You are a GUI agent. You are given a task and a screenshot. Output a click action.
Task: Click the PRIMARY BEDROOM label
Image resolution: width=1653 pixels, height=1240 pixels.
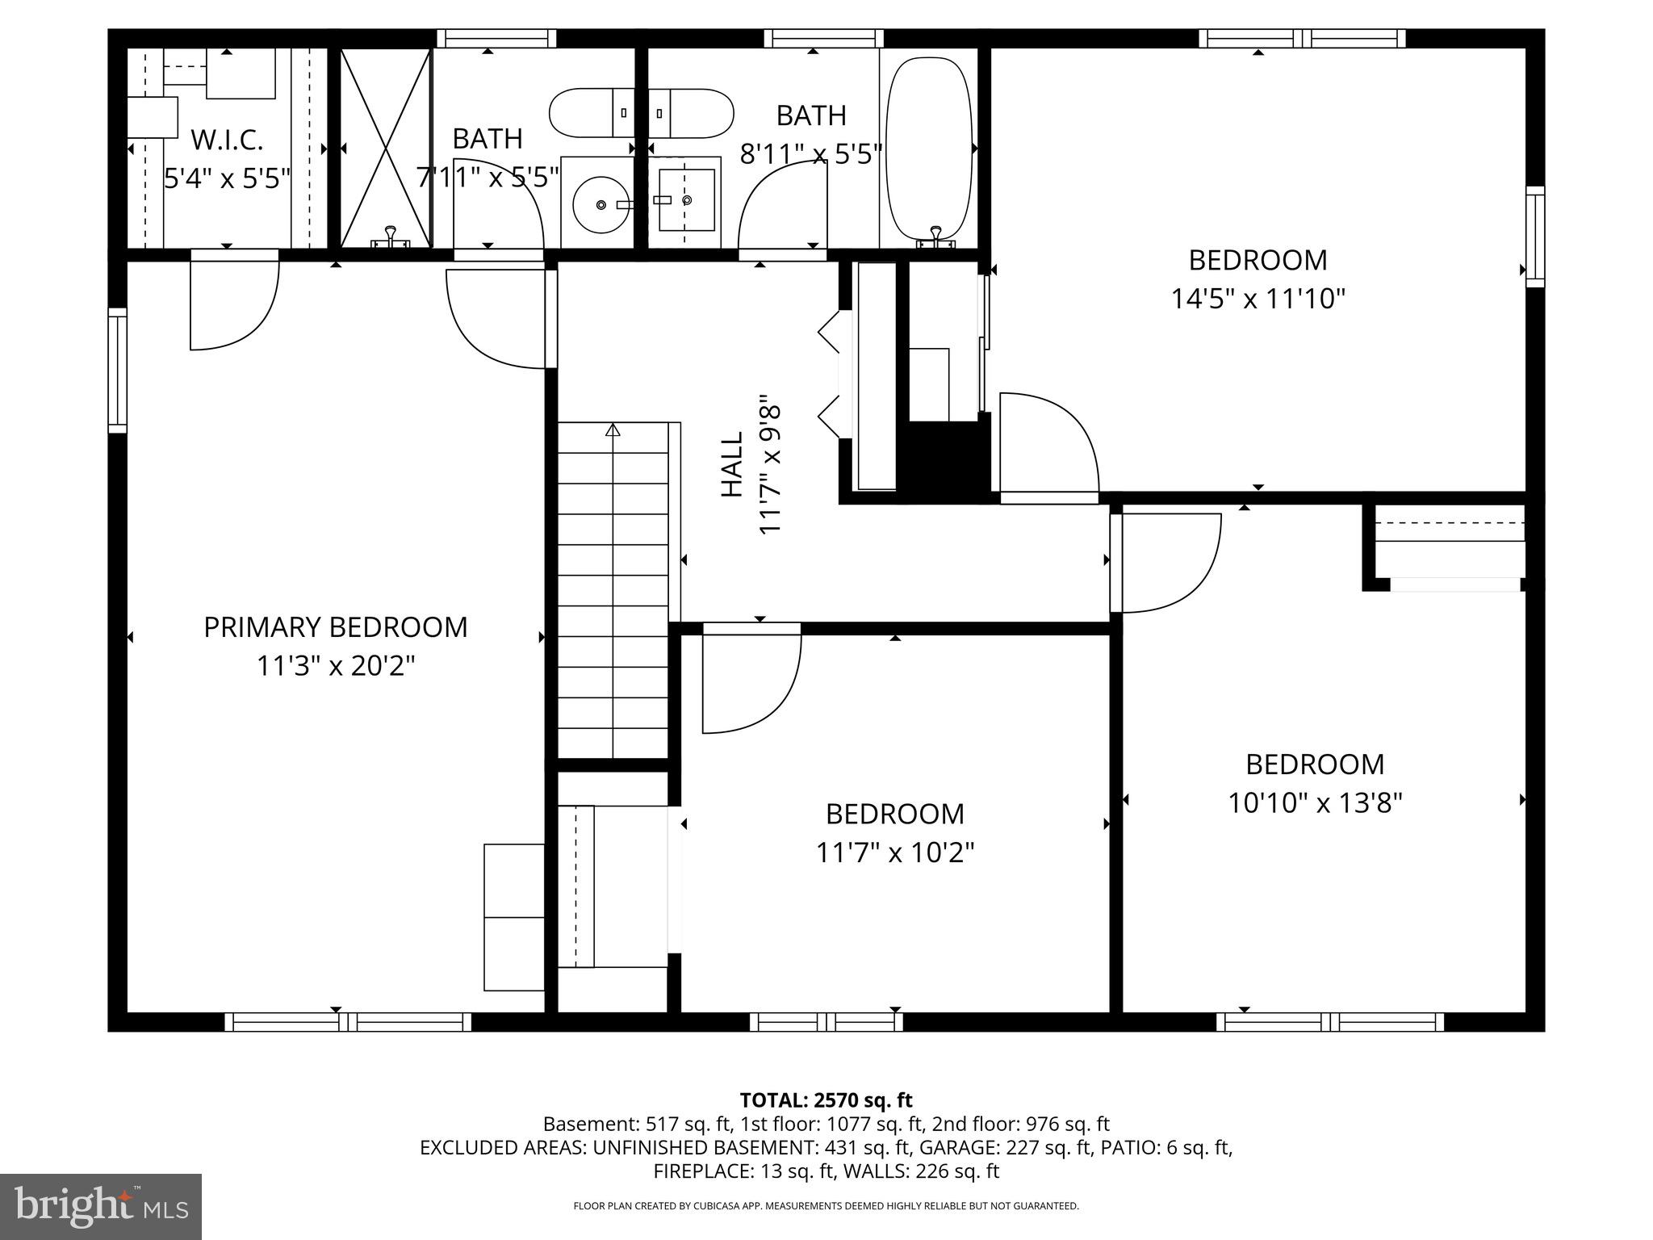(335, 627)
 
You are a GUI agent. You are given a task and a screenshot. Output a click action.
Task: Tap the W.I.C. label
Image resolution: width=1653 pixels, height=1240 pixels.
(227, 140)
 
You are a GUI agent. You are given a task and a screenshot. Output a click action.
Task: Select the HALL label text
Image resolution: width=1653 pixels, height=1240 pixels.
(731, 464)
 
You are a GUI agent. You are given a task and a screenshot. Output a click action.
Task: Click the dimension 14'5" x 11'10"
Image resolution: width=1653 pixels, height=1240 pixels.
(1258, 300)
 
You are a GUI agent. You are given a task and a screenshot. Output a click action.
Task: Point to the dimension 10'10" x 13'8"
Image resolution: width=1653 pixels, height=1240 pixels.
(1315, 803)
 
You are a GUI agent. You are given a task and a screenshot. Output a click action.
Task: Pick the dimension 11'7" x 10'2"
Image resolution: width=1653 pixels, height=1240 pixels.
(894, 852)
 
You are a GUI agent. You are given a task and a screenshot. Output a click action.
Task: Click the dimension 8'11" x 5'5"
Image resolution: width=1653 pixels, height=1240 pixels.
(810, 153)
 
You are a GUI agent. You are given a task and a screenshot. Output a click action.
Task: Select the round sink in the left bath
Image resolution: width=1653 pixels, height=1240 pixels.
(602, 205)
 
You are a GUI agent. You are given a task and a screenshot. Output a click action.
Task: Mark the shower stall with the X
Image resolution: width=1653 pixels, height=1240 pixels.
(386, 148)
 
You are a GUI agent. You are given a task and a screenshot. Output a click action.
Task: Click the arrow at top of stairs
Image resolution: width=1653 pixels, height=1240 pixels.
(613, 429)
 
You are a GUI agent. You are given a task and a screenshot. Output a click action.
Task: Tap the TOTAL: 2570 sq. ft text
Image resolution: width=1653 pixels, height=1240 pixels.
(826, 1100)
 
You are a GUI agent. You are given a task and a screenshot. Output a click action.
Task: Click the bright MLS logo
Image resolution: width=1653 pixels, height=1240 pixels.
(101, 1207)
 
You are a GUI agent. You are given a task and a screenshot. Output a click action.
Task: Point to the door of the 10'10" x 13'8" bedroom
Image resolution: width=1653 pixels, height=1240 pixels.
(1166, 563)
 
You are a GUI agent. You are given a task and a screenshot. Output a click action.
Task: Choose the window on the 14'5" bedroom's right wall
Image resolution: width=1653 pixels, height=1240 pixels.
(1534, 237)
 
